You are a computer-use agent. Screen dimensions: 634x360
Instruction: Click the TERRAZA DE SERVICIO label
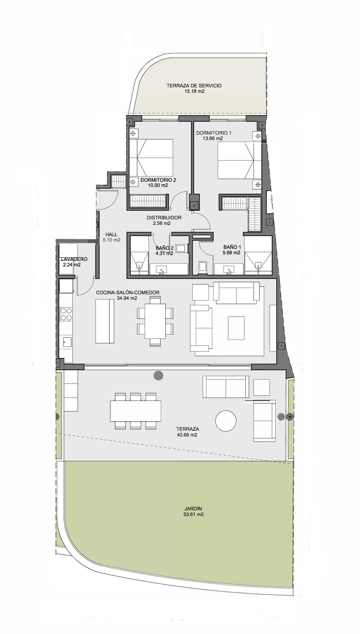pos(194,85)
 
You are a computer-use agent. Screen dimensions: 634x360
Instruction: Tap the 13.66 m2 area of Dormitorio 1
pos(212,139)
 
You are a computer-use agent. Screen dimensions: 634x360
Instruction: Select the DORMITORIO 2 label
pos(158,180)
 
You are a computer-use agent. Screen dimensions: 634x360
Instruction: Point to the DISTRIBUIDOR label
pos(164,218)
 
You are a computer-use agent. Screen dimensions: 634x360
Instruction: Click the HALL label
pos(111,235)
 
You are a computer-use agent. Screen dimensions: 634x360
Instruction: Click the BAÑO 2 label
pos(165,248)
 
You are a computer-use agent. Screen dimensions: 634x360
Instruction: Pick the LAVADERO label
pos(74,259)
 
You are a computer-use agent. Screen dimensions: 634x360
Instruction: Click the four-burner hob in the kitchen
pos(66,314)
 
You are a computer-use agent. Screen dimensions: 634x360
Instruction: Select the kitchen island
pos(105,321)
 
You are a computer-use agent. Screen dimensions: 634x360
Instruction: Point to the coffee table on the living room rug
pos(236,328)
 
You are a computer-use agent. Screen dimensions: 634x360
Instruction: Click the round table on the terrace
pos(226,421)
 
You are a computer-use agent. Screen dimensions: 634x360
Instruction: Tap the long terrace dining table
pos(136,411)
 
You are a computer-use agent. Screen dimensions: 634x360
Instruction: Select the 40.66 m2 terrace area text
pos(187,435)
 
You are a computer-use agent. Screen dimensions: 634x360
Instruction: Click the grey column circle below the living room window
pos(159,375)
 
